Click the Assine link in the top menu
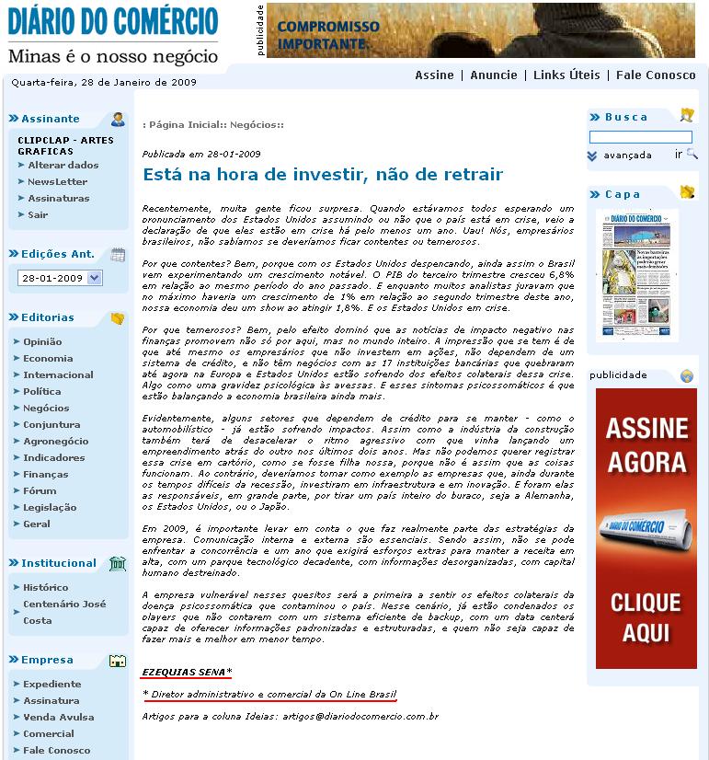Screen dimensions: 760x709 point(434,75)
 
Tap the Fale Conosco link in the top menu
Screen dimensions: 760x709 point(656,75)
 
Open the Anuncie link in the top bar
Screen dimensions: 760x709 point(494,75)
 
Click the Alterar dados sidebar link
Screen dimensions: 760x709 point(63,166)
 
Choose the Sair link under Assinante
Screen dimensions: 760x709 point(38,215)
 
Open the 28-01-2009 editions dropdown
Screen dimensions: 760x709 point(60,278)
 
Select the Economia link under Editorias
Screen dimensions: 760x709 point(48,359)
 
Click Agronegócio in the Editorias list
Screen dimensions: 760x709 point(56,442)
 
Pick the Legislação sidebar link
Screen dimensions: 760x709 point(50,508)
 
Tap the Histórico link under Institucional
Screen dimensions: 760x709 point(46,587)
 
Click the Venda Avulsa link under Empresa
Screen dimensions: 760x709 point(58,718)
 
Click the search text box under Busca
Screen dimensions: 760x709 point(640,137)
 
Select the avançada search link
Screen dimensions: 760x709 point(627,155)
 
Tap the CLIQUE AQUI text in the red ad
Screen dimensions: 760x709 point(646,616)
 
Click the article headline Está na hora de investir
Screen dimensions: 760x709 point(323,174)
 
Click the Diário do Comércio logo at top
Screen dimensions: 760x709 point(113,20)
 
